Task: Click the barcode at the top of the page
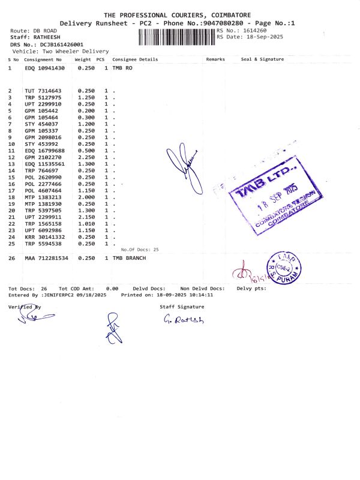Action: (x=177, y=37)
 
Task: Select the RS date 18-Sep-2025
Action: (x=267, y=37)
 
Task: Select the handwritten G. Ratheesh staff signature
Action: (x=184, y=320)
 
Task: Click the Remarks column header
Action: (x=215, y=59)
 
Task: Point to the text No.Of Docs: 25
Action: (x=140, y=249)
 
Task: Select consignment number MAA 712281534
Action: (x=47, y=258)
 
